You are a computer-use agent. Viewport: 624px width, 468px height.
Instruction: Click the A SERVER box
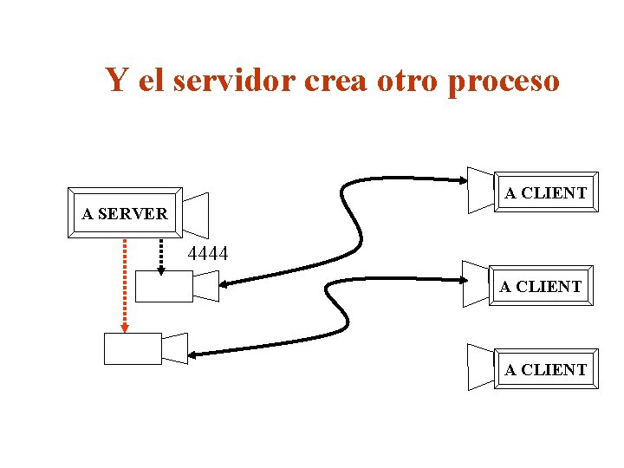click(124, 212)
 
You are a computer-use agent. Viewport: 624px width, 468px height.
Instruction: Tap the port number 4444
click(208, 254)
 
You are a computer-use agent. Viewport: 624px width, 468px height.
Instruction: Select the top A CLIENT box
click(545, 192)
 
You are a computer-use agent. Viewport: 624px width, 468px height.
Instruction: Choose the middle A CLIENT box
click(541, 286)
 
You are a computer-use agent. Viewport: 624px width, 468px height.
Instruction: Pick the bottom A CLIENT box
click(545, 370)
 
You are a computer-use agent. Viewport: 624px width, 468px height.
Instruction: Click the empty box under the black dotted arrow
click(164, 286)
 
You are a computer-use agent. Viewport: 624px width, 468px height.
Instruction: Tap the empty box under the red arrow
click(133, 348)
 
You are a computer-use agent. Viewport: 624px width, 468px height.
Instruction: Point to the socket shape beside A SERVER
click(196, 213)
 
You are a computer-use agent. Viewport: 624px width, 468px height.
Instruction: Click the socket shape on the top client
click(480, 190)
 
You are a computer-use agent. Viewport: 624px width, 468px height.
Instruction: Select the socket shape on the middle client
click(476, 283)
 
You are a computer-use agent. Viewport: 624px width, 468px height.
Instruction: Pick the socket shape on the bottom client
click(480, 367)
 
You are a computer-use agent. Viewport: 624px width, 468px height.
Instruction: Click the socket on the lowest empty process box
click(175, 348)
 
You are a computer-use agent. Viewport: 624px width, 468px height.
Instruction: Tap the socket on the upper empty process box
click(206, 285)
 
